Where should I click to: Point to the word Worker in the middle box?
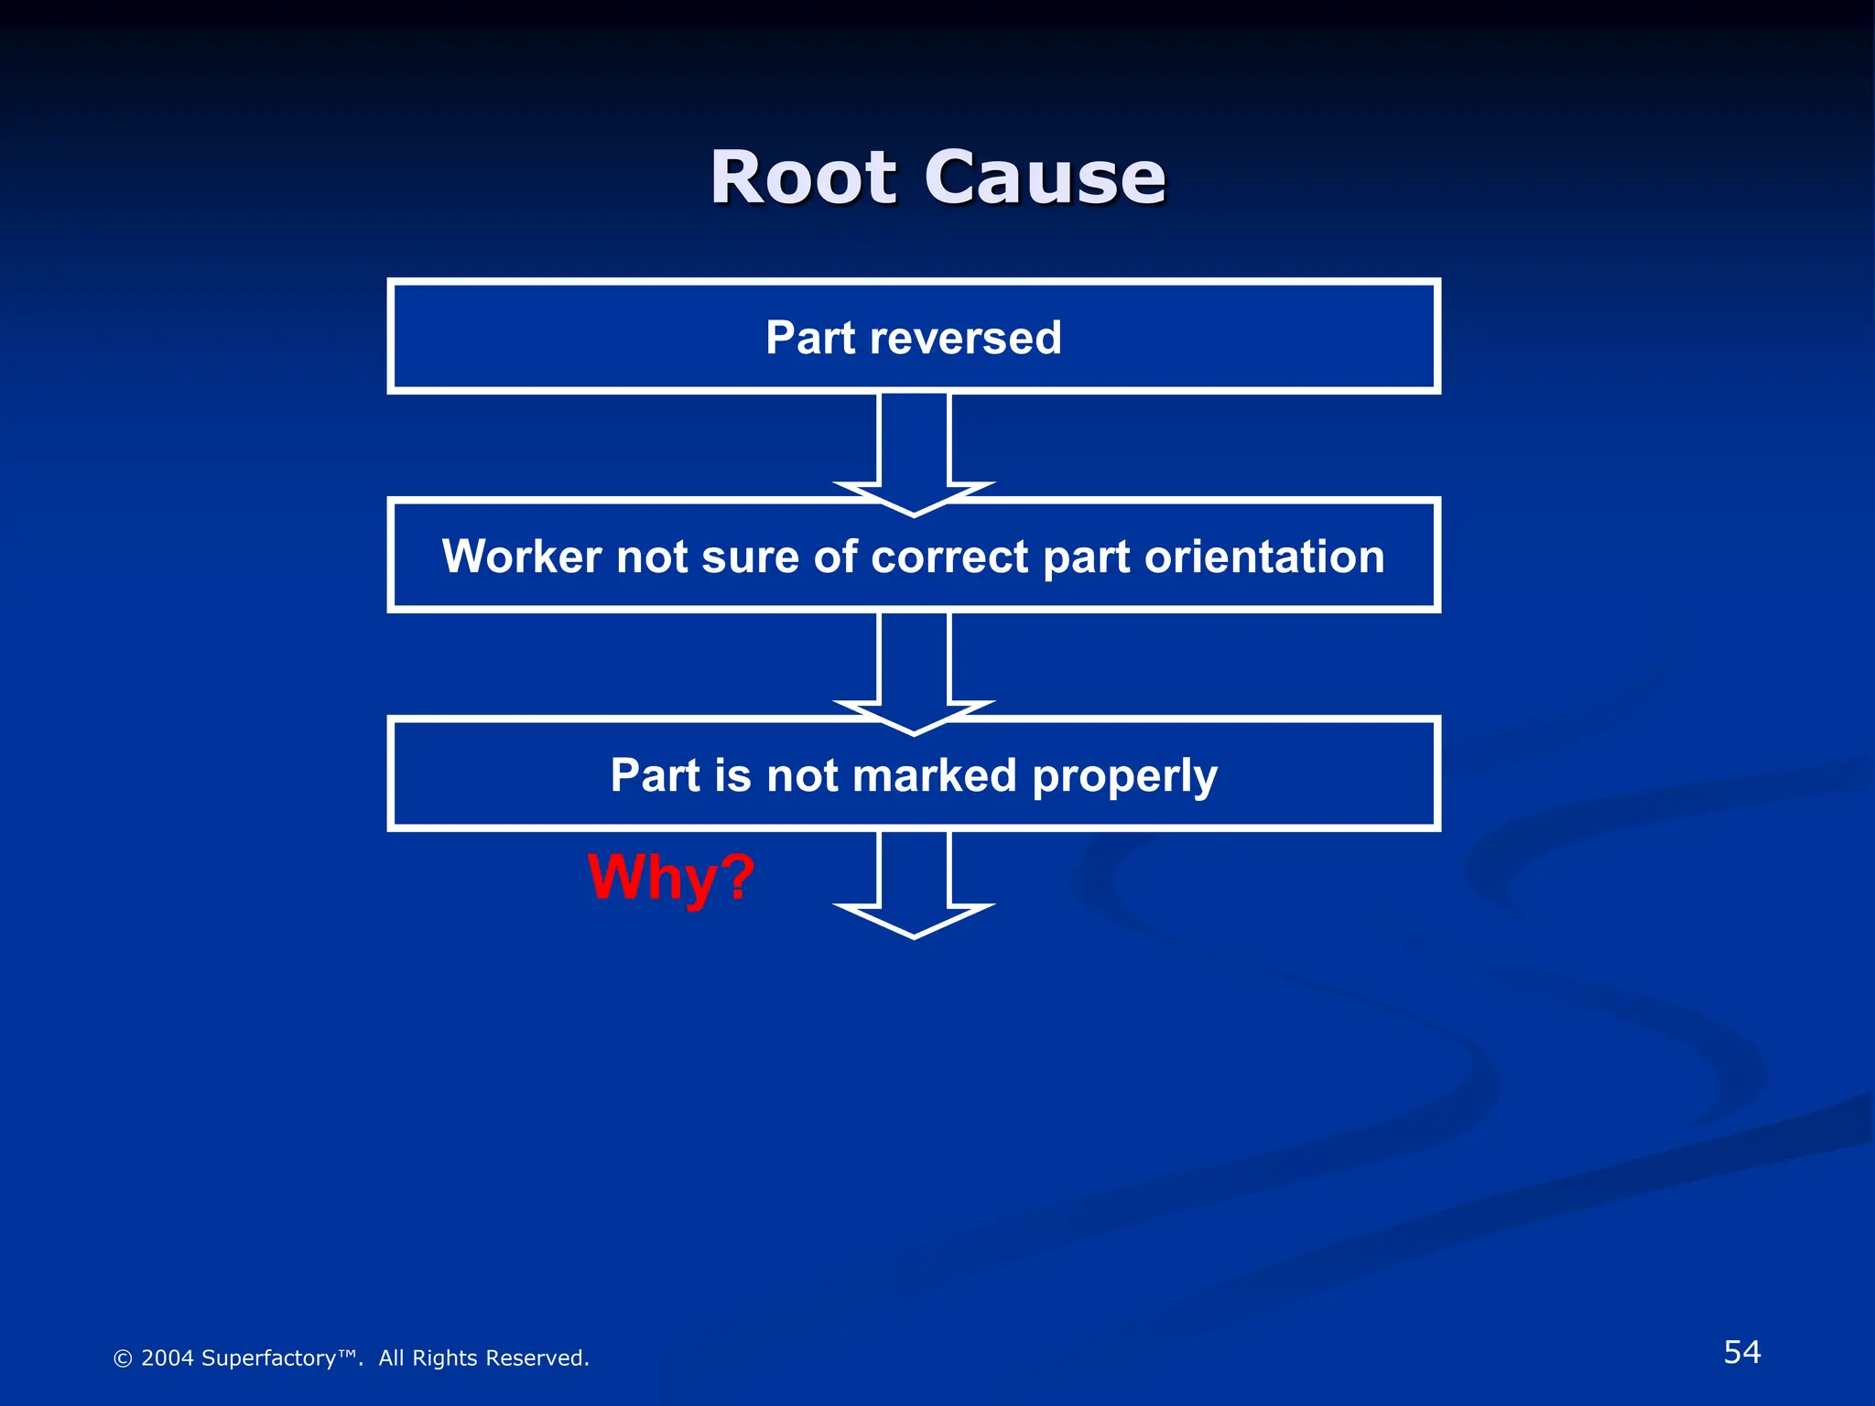pyautogui.click(x=522, y=557)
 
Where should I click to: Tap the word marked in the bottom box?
pyautogui.click(x=934, y=775)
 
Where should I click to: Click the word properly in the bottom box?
pyautogui.click(x=1124, y=777)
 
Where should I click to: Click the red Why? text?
pyautogui.click(x=671, y=877)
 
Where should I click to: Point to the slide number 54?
pyautogui.click(x=1741, y=1352)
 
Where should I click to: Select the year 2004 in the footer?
pyautogui.click(x=167, y=1358)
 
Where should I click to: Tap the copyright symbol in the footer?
pyautogui.click(x=122, y=1359)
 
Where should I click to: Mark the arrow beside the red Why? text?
pyautogui.click(x=914, y=883)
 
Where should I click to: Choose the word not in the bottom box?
pyautogui.click(x=802, y=775)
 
